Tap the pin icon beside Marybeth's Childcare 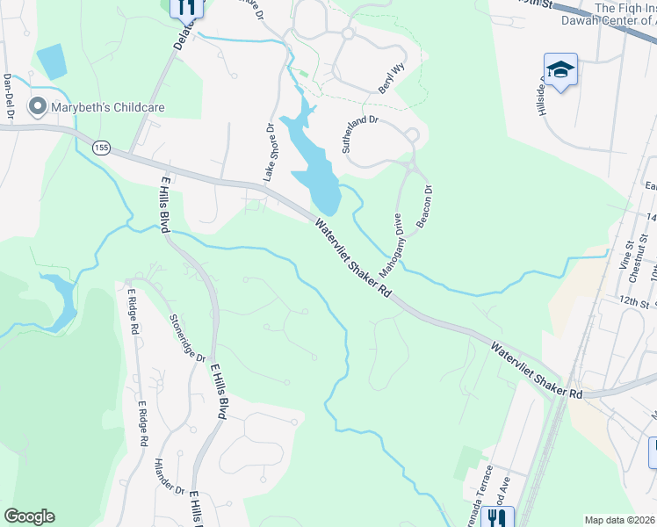pos(37,107)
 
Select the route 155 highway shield pos(101,148)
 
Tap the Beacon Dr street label pos(425,206)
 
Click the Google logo pos(30,516)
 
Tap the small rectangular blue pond pos(51,60)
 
